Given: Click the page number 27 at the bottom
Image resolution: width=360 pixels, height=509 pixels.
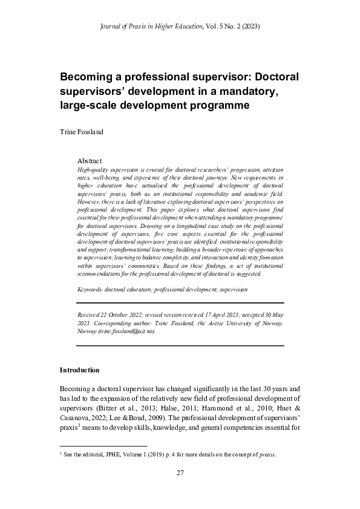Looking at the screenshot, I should (180, 473).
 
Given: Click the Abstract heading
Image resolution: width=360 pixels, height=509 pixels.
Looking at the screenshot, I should (90, 161).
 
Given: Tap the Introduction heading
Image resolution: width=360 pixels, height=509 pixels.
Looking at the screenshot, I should (79, 369).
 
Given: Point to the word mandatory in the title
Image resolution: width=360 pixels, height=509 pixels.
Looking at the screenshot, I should (249, 92).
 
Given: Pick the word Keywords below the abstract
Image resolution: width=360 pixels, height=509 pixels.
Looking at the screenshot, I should (90, 290).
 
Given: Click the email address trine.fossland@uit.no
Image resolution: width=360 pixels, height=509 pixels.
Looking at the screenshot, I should (134, 331).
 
